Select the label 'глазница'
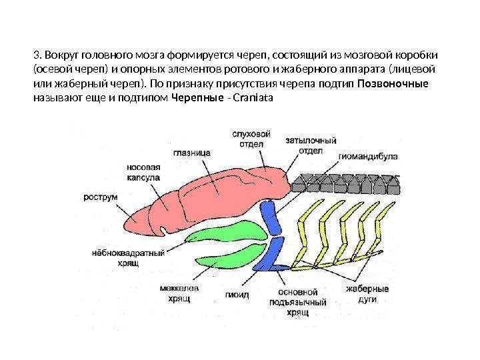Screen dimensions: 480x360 tap(192, 152)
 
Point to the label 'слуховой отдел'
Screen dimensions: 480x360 tap(251, 139)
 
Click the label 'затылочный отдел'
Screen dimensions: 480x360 tap(310, 147)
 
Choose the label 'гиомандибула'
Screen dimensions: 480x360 tap(368, 157)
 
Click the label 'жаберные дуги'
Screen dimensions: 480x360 tap(367, 295)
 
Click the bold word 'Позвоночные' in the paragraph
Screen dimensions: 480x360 tap(394, 85)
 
